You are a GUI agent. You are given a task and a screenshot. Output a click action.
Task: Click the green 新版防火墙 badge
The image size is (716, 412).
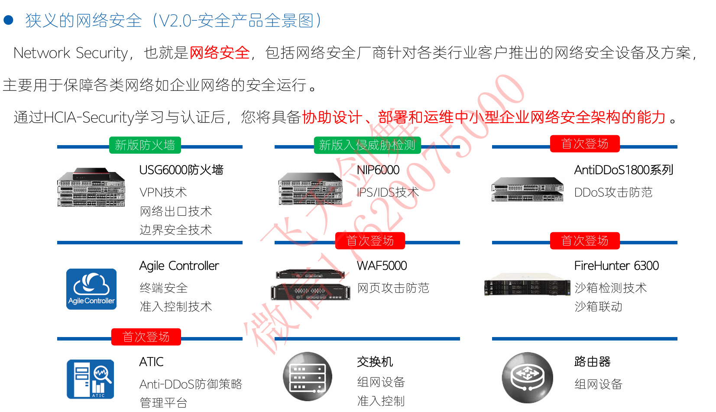point(145,145)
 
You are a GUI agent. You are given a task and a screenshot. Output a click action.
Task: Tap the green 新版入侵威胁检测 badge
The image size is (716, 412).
point(367,145)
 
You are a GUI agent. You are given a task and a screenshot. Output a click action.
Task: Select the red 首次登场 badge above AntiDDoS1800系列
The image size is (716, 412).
point(584,144)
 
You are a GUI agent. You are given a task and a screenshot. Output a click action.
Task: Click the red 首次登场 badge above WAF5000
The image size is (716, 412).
point(370,241)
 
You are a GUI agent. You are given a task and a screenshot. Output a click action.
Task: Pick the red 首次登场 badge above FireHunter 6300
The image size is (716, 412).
point(584,241)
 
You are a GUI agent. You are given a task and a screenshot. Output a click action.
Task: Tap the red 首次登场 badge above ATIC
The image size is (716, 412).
point(146,337)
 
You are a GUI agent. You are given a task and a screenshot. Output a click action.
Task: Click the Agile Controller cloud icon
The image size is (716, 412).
point(91,289)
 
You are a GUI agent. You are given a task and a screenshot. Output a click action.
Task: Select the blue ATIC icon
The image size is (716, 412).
point(91,379)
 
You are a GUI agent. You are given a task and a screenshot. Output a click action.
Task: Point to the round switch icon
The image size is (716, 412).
point(308,376)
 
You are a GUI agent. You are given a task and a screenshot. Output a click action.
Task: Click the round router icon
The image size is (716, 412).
point(527,377)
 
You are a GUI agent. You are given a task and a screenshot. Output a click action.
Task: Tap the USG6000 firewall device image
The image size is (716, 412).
point(91,187)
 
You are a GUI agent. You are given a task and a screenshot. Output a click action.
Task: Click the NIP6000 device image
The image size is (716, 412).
point(310,188)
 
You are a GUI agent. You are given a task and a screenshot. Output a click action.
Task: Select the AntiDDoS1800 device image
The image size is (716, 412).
point(527,189)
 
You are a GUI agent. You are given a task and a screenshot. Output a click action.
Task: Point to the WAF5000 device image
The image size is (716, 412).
point(310,285)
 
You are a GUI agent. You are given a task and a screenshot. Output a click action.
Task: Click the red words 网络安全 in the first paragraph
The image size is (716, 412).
point(220,53)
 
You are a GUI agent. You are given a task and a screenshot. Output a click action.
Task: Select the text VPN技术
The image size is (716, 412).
point(163,192)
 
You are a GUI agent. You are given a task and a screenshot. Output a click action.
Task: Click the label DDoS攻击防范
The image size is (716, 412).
point(613,192)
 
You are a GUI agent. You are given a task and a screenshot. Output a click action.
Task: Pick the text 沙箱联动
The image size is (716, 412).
point(598,307)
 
